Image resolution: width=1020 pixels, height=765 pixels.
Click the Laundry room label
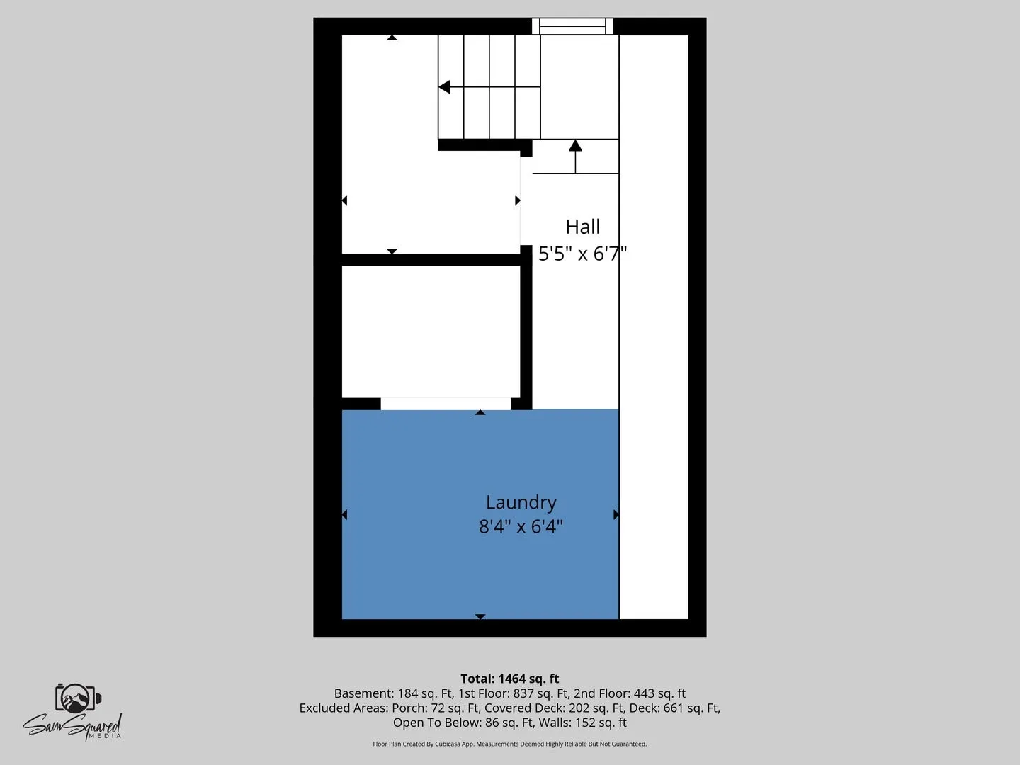pyautogui.click(x=521, y=503)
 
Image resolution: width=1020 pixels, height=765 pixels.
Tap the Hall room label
pyautogui.click(x=583, y=227)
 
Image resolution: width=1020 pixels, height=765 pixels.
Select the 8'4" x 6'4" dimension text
pyautogui.click(x=521, y=527)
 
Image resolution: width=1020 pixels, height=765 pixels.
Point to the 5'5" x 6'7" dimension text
pyautogui.click(x=583, y=254)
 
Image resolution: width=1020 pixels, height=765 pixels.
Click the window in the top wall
pyautogui.click(x=572, y=26)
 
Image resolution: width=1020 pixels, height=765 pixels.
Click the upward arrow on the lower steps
pyautogui.click(x=575, y=157)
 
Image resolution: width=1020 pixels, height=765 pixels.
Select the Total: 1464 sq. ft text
pyautogui.click(x=510, y=679)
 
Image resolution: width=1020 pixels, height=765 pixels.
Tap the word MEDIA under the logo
pyautogui.click(x=105, y=736)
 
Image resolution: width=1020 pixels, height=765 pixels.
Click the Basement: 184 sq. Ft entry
pyautogui.click(x=393, y=693)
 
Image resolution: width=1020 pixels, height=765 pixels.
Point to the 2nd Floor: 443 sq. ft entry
pyautogui.click(x=630, y=693)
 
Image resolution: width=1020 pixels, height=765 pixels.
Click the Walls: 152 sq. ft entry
pyautogui.click(x=582, y=722)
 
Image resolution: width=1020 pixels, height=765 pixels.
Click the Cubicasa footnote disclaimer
pyautogui.click(x=510, y=744)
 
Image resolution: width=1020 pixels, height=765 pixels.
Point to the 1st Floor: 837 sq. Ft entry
pyautogui.click(x=513, y=693)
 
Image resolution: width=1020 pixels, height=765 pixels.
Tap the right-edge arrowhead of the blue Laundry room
pyautogui.click(x=616, y=515)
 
